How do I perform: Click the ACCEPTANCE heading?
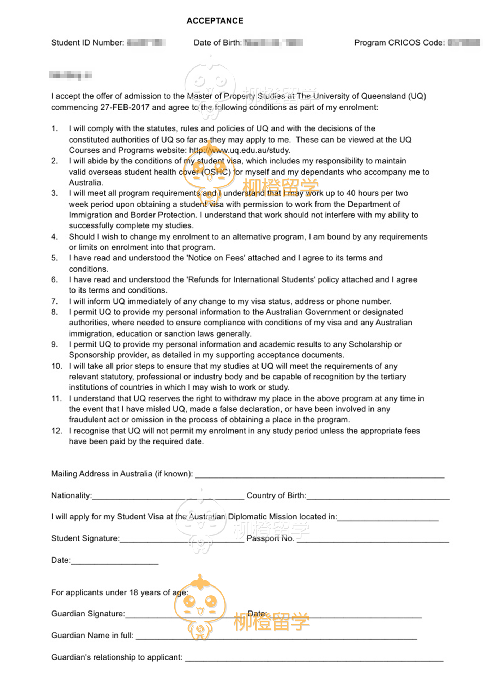(215, 21)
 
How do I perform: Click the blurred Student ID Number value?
(146, 43)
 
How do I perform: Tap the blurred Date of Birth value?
(273, 43)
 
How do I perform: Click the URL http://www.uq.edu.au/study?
(240, 150)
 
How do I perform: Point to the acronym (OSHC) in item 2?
(216, 172)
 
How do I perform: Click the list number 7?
(54, 301)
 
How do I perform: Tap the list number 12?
(56, 431)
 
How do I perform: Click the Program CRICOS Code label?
(399, 43)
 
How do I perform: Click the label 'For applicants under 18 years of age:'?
(120, 592)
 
